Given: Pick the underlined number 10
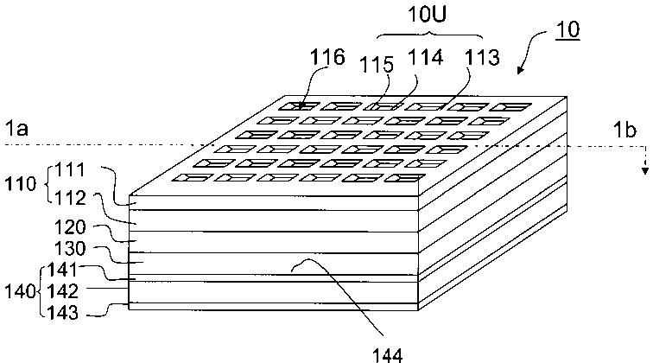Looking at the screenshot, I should coord(566,29).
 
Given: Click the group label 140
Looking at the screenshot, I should coord(18,291).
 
